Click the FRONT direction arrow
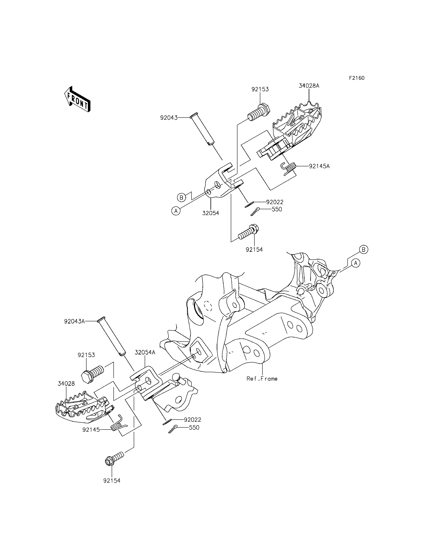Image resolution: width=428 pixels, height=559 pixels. (77, 99)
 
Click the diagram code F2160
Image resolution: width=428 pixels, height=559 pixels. (357, 78)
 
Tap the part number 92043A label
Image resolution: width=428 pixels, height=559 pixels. (74, 321)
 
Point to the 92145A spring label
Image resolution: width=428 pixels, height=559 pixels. (319, 166)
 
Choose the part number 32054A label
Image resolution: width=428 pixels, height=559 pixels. (145, 352)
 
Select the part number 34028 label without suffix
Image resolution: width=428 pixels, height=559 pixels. (66, 384)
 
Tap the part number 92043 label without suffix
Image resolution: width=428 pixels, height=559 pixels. (169, 118)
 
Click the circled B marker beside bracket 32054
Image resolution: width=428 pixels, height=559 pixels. (181, 198)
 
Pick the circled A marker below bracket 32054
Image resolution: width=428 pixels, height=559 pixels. (176, 211)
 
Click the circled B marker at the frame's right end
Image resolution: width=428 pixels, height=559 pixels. (364, 250)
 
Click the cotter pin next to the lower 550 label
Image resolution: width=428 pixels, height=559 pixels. (173, 429)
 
